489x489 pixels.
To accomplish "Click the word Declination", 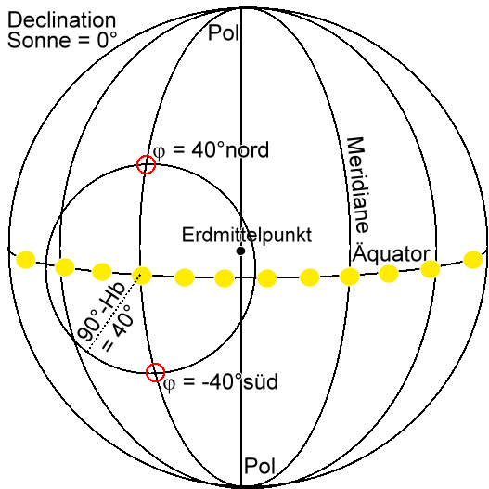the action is [x=62, y=20].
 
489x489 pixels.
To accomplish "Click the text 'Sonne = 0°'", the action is [x=62, y=40].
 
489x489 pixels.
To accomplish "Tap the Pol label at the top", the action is [x=224, y=32].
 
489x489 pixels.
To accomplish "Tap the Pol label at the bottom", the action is [x=260, y=466].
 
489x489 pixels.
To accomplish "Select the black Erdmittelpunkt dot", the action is [x=240, y=251].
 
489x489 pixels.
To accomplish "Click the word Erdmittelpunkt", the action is [x=247, y=236].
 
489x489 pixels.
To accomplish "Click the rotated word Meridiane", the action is [x=358, y=185].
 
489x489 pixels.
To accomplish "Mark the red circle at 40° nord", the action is [x=146, y=164].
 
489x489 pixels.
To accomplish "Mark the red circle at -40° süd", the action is [x=155, y=372].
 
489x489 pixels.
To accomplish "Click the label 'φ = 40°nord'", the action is [x=211, y=150].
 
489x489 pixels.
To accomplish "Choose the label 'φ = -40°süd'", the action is [x=221, y=382].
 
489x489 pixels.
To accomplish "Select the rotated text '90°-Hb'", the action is [x=102, y=312].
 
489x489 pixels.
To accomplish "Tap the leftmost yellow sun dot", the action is [x=26, y=260].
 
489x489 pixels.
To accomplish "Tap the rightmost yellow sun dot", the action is [x=473, y=260].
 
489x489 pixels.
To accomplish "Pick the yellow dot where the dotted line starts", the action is [x=142, y=276].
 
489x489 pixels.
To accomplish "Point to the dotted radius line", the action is [x=115, y=312].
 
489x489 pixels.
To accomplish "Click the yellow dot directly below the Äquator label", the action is [x=388, y=274].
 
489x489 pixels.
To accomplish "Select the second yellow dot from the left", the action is [x=65, y=267].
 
